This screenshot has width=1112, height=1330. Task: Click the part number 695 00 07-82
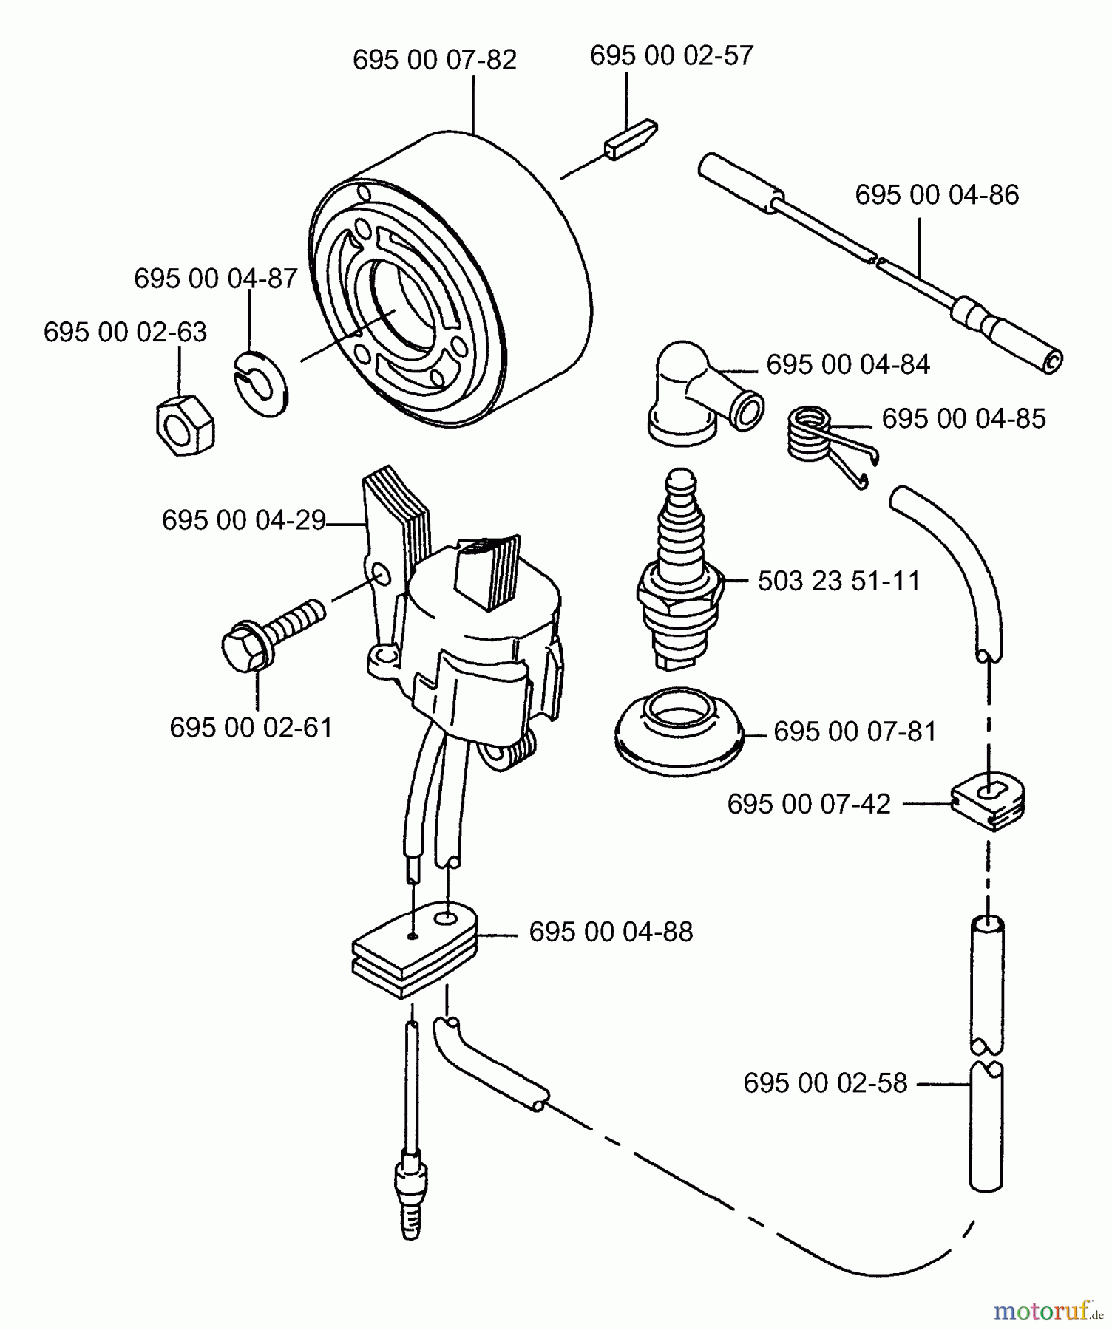pos(434,60)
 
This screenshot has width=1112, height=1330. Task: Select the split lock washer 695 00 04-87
pos(262,383)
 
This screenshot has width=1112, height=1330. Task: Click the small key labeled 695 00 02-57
pos(630,138)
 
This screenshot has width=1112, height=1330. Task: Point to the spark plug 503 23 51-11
pos(678,576)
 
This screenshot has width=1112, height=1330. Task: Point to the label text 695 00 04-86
pos(936,195)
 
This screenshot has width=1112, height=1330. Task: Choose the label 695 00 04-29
pos(243,520)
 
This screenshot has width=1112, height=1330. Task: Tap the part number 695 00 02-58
pos(824,1083)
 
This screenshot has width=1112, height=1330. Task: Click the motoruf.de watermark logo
pos(1047,1311)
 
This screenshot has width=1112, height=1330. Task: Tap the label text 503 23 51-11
pos(838,581)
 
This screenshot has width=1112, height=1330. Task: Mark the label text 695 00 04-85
pos(963,418)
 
